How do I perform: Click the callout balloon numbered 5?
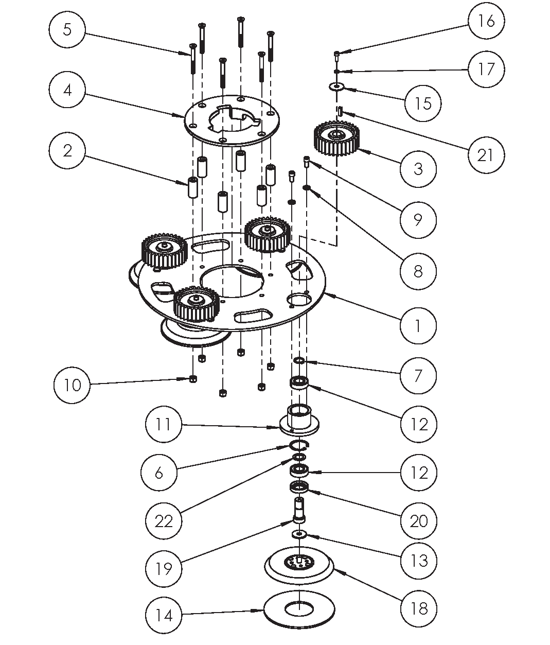tap(67, 29)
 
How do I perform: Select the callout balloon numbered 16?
tap(486, 21)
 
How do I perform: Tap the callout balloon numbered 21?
tap(486, 155)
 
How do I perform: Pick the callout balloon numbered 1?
tap(418, 326)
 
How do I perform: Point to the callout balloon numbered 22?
tap(164, 521)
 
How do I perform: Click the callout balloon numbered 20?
tap(418, 521)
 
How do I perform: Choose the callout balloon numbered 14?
tap(164, 615)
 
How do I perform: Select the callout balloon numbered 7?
tap(418, 375)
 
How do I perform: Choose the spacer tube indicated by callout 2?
tap(192, 188)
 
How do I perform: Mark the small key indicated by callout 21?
tap(341, 111)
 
